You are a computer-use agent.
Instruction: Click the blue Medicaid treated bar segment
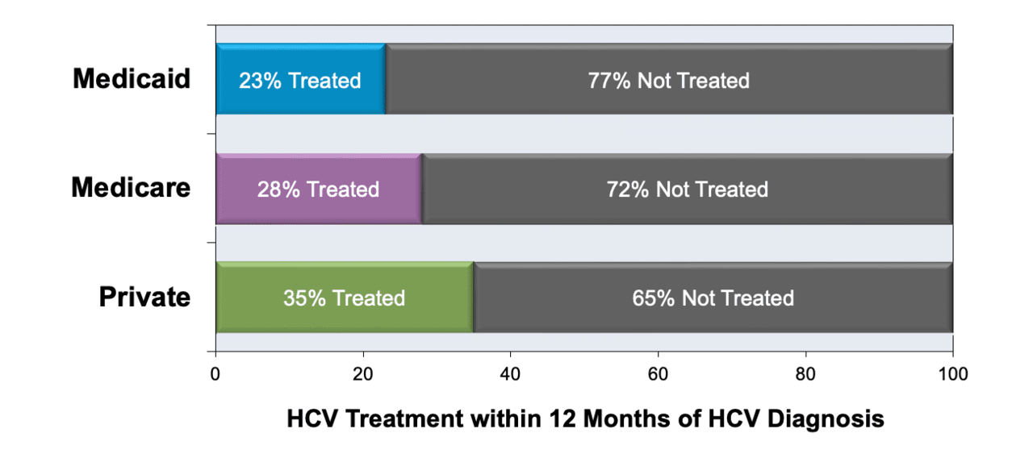tap(301, 79)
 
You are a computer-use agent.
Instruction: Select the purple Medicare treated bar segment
tap(319, 189)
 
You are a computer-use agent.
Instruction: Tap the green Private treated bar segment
tap(345, 298)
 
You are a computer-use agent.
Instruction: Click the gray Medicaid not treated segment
tap(669, 79)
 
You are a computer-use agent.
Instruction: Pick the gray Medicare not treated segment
tap(687, 189)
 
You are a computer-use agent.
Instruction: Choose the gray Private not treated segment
tap(713, 298)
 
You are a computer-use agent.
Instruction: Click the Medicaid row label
tap(132, 78)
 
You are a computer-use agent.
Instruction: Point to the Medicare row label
tap(131, 188)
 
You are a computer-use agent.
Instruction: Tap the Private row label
tap(144, 296)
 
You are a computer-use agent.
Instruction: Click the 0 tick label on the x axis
tap(215, 373)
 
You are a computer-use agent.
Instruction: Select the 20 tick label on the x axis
tap(363, 373)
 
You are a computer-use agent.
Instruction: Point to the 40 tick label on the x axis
tap(510, 373)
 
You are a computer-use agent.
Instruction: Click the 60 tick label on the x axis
tap(658, 373)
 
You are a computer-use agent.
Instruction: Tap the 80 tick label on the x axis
tap(805, 373)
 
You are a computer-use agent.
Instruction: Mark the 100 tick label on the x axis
tap(953, 373)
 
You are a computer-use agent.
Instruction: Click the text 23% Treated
tap(299, 81)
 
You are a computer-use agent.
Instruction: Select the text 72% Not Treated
tap(687, 189)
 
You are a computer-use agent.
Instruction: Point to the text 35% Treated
tap(344, 298)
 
